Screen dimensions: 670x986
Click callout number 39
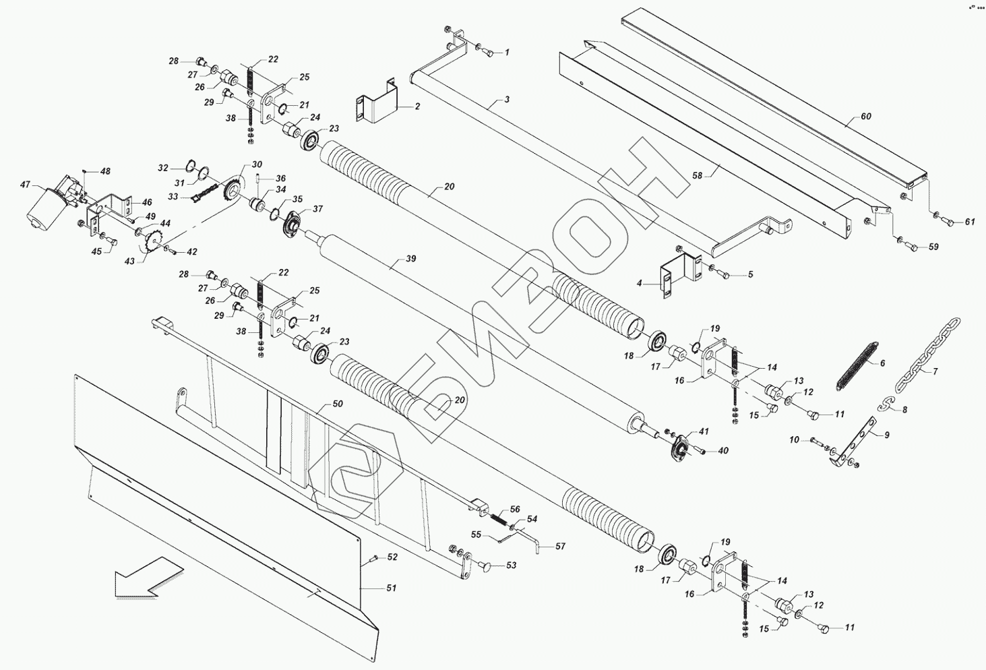coord(410,259)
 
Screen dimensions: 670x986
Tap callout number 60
coord(865,117)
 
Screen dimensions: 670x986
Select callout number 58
coord(697,175)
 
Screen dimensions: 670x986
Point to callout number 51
coord(391,588)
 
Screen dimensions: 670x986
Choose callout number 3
coord(507,100)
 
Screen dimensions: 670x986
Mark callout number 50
coord(338,404)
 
